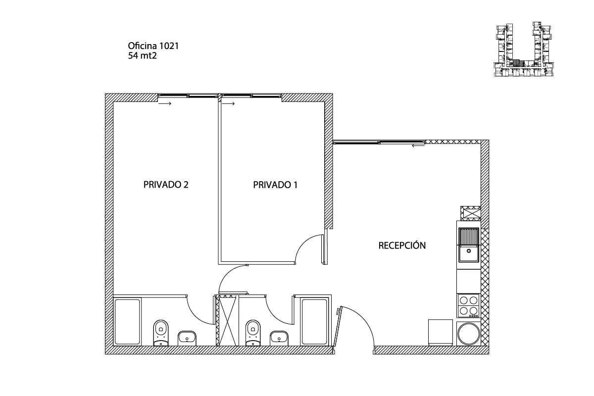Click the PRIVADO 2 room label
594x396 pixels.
point(166,185)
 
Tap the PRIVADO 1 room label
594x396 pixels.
point(275,185)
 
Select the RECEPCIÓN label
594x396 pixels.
point(402,246)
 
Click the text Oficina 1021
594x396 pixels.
point(153,46)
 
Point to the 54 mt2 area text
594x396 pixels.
point(143,56)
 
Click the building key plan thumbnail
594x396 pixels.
point(524,49)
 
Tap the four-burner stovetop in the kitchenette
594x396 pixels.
point(468,305)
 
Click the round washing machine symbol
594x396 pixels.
point(468,333)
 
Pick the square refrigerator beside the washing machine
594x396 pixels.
point(440,332)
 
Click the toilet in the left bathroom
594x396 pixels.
point(161,333)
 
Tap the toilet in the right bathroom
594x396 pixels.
point(253,333)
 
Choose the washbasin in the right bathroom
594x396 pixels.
point(280,339)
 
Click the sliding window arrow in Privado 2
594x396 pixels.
point(165,104)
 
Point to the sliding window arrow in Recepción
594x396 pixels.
point(418,146)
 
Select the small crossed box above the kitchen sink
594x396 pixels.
point(470,213)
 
